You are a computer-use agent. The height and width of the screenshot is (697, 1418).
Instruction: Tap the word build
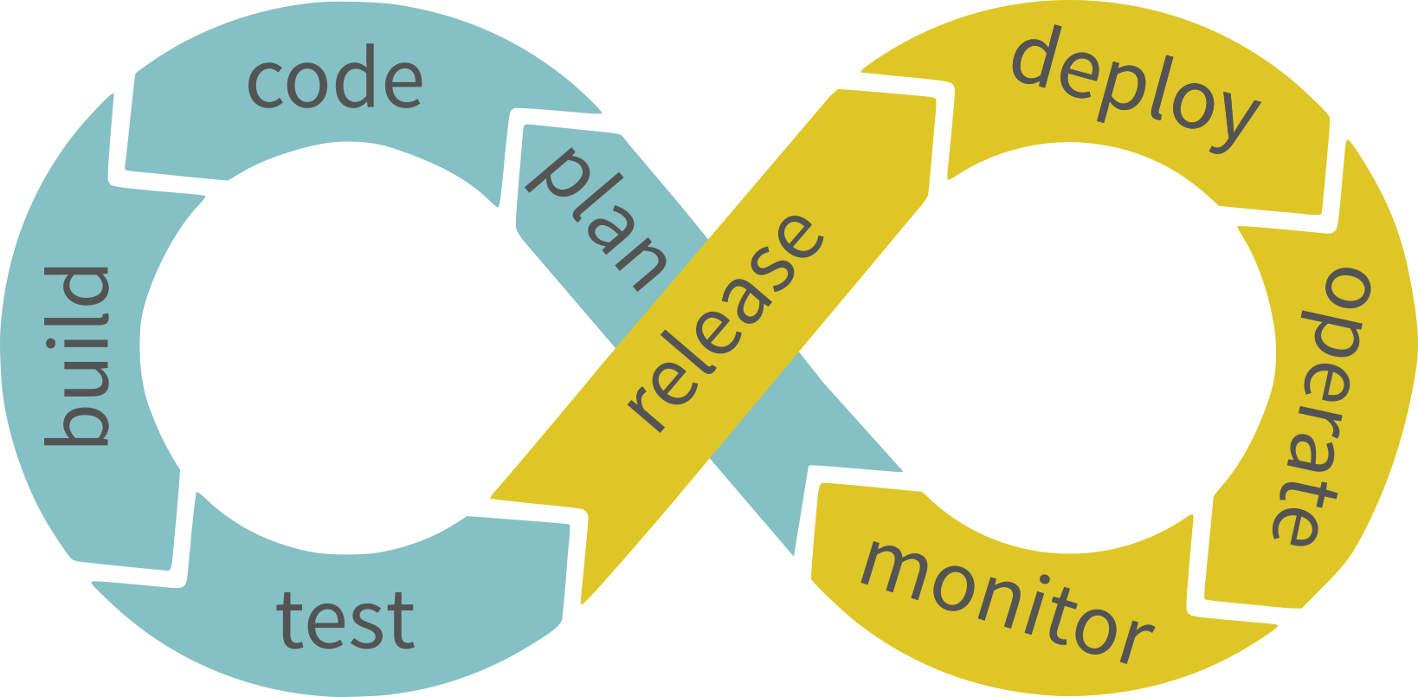click(78, 356)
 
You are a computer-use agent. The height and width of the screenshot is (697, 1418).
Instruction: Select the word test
click(345, 620)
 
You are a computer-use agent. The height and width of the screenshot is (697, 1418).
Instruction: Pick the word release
click(725, 322)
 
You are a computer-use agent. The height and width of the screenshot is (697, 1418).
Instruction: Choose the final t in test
click(400, 620)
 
